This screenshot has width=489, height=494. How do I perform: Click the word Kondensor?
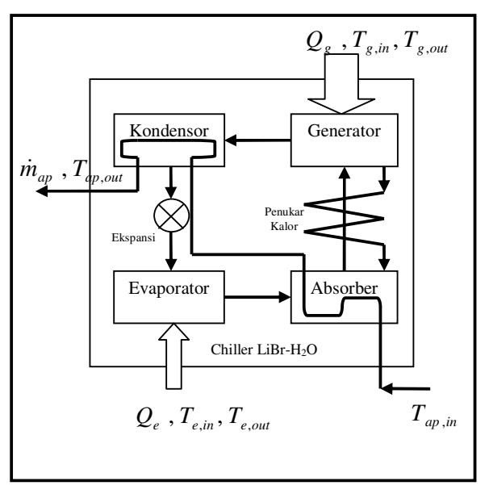click(x=169, y=131)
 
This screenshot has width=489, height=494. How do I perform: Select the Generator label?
click(x=345, y=131)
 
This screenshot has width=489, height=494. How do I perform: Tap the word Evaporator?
click(x=169, y=288)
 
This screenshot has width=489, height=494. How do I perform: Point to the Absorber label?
click(x=345, y=288)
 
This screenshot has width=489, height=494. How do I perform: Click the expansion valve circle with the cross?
click(x=171, y=216)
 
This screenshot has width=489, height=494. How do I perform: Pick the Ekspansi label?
click(x=133, y=238)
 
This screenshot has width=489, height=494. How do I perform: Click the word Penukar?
click(x=284, y=211)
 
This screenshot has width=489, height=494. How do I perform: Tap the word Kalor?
click(x=284, y=226)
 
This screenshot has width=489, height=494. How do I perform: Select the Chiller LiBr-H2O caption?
click(x=264, y=350)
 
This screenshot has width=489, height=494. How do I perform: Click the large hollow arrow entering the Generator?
click(x=341, y=83)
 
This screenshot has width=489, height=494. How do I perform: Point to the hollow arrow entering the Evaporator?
click(x=173, y=356)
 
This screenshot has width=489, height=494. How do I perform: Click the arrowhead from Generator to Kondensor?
click(x=231, y=140)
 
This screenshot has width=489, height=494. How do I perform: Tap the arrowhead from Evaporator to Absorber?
click(x=285, y=297)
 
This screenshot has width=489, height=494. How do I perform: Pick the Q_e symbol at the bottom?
click(x=148, y=419)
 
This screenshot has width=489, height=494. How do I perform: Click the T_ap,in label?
click(x=434, y=416)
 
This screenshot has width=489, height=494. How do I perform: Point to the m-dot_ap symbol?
click(x=36, y=171)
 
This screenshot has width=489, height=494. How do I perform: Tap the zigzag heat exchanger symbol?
click(x=345, y=218)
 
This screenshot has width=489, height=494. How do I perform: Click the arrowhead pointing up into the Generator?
click(x=345, y=173)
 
